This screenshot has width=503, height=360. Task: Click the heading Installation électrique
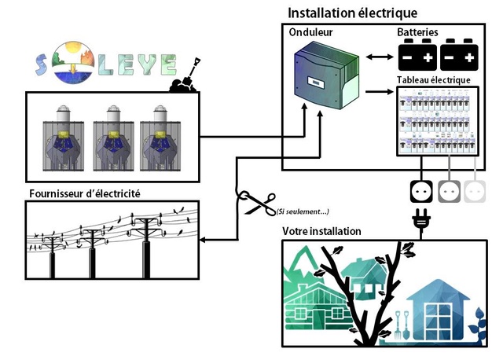(x=352, y=13)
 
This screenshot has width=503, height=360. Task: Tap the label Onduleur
(x=310, y=33)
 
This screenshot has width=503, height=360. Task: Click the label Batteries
(x=418, y=33)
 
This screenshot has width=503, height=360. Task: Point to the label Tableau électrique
(x=435, y=80)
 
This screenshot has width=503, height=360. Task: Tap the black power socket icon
(x=419, y=190)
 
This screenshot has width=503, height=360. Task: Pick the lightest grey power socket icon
(x=475, y=190)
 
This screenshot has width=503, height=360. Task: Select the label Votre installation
(x=321, y=232)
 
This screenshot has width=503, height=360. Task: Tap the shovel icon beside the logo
(x=185, y=75)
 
